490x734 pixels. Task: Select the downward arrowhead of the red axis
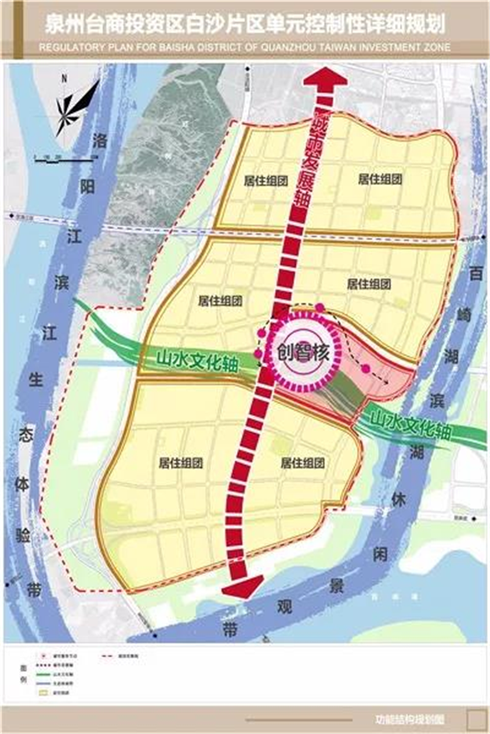coord(238,592)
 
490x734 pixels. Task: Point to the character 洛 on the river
coord(101,142)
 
